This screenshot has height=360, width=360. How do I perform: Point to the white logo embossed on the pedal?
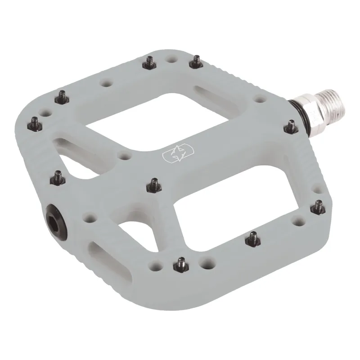(x=173, y=154)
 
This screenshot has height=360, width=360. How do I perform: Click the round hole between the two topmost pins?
(x=171, y=59)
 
